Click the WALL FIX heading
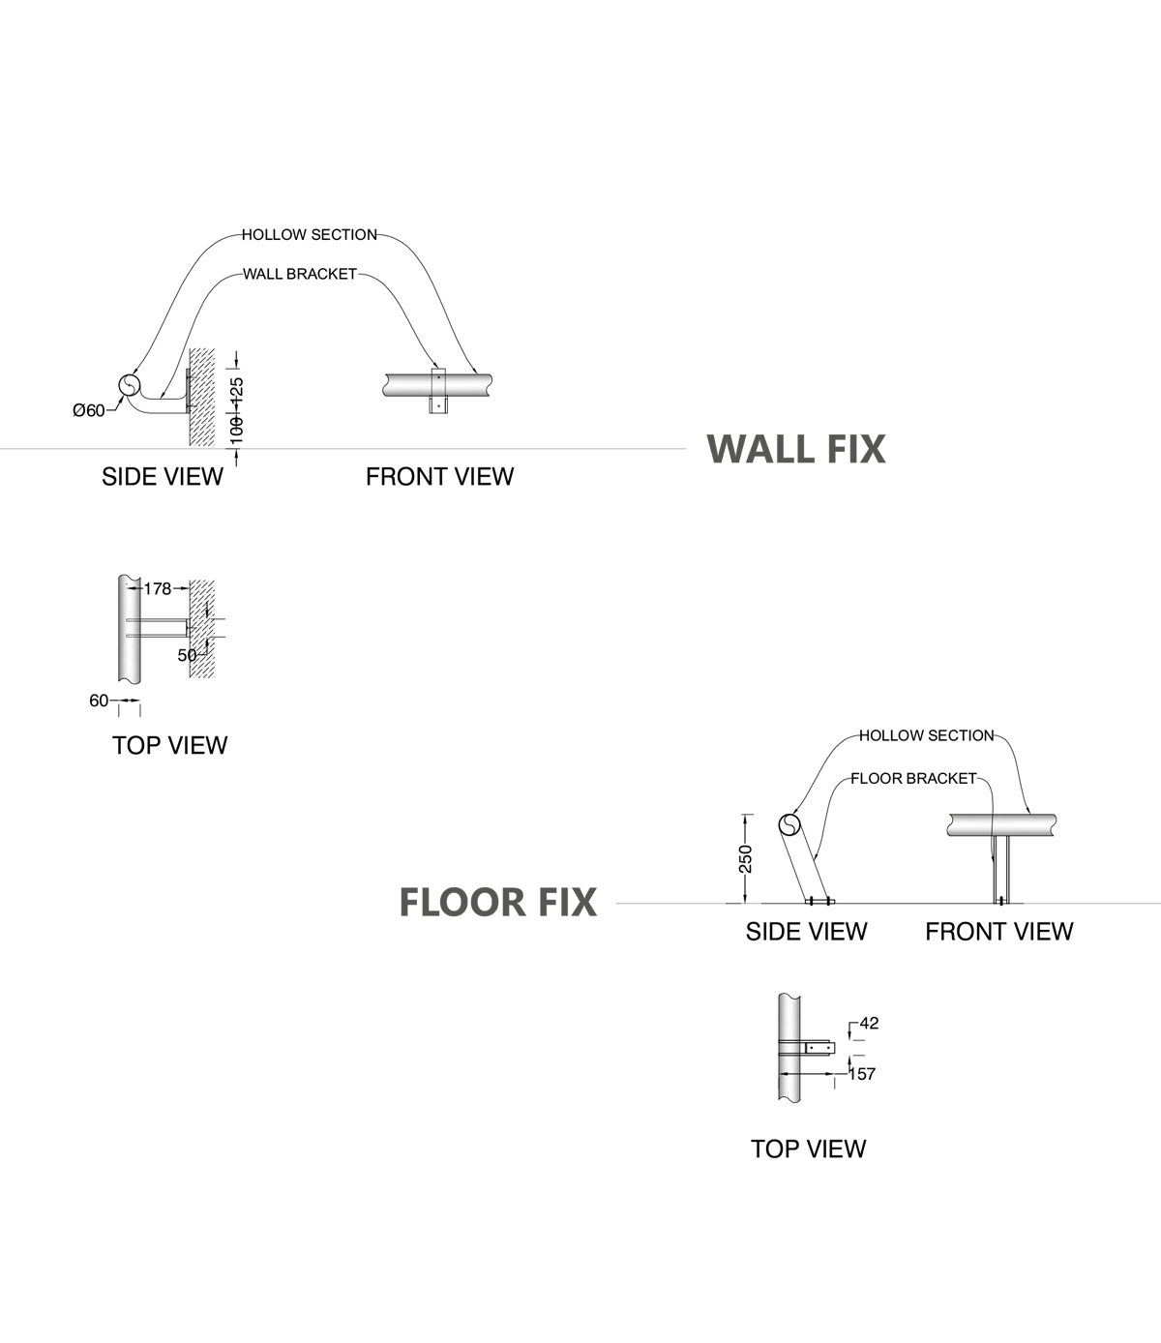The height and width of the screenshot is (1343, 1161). coord(795,449)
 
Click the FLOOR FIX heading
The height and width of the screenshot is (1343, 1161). coord(497,902)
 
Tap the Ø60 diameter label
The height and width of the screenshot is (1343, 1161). coord(89,411)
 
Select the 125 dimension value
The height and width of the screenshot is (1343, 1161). coord(237,389)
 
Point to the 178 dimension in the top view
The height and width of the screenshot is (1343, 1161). coord(157,588)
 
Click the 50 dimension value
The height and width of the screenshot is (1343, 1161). coord(187,655)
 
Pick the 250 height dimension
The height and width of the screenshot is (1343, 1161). coord(745,858)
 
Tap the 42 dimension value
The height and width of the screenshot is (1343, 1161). coord(869,1023)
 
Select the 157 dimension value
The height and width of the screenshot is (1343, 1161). coord(861,1074)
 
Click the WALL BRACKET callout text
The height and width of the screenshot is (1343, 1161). coord(299,274)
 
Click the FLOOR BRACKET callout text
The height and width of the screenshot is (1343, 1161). coord(913,778)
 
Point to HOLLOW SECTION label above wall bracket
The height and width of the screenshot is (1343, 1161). coord(309,234)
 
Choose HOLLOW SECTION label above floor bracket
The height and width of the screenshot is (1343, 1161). coord(926,735)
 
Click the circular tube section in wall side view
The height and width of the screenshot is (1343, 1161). coord(129,386)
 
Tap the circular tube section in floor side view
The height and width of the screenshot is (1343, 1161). coord(789,825)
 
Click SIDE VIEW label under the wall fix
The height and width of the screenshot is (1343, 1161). coord(163,476)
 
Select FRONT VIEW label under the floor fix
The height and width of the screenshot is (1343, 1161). coord(998,931)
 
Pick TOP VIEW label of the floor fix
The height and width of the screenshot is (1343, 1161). coord(808,1149)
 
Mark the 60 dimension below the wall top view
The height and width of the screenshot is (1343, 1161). coord(99,701)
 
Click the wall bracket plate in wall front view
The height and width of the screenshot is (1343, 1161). coord(438,391)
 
